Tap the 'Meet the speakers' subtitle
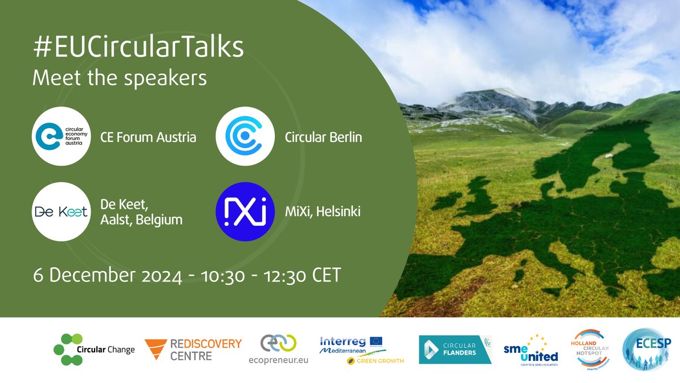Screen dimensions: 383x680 click(x=120, y=78)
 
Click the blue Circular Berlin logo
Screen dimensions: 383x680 click(x=245, y=136)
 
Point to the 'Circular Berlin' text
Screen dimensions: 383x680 click(x=323, y=137)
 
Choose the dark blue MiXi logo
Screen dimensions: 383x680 click(x=245, y=212)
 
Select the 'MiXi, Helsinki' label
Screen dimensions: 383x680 click(x=322, y=212)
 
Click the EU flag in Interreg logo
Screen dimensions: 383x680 click(x=376, y=341)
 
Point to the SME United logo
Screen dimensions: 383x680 click(x=530, y=350)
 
